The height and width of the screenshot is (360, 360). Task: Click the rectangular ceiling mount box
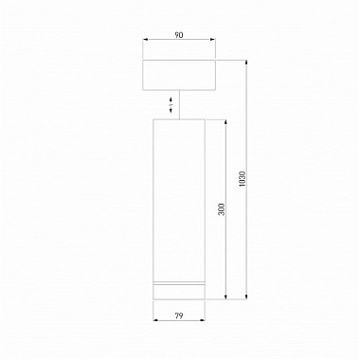tap(180, 75)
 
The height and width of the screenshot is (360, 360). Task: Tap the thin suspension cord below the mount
tap(180, 104)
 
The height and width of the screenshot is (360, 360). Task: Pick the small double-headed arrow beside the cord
tap(171, 104)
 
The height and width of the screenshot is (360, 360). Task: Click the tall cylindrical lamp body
tap(180, 199)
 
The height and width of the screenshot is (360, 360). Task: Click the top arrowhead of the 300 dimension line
tap(226, 121)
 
